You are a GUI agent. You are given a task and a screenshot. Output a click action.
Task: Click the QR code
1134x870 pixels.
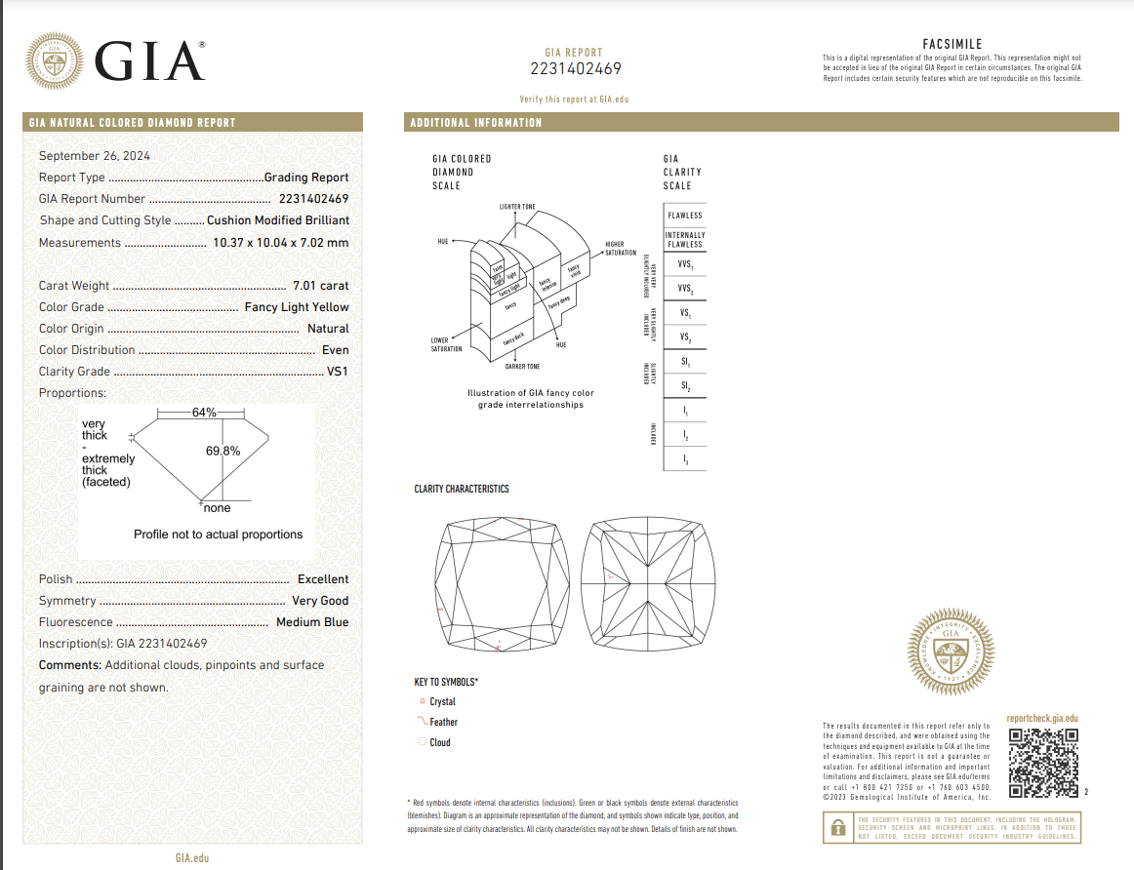click(1043, 762)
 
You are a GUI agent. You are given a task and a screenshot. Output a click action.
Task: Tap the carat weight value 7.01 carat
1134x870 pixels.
click(320, 286)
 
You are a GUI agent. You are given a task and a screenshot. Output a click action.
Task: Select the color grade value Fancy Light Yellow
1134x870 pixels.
click(296, 307)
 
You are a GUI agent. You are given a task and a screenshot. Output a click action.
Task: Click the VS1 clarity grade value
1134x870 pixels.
click(338, 372)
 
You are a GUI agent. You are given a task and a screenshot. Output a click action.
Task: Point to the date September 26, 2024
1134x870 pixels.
click(95, 156)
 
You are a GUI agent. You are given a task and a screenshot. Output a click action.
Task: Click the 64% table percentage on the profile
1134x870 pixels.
click(204, 413)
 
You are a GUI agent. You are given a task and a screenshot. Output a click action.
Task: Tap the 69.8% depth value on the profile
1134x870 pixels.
click(223, 452)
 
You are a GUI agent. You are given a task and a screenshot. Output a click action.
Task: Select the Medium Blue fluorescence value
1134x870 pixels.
click(312, 622)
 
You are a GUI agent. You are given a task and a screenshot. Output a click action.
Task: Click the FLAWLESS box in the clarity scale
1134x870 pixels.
click(684, 216)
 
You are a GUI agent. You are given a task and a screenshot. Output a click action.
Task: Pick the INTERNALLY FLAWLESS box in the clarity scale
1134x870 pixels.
click(684, 240)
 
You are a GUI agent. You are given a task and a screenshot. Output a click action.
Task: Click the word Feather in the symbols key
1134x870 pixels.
click(443, 723)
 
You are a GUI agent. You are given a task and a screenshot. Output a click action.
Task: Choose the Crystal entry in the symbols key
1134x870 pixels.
click(442, 702)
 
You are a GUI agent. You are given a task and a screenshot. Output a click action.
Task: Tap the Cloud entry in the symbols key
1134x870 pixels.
click(440, 743)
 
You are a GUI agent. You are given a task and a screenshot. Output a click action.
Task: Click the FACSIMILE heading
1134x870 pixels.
click(952, 44)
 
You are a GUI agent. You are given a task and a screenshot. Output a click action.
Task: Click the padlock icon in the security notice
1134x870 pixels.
click(836, 828)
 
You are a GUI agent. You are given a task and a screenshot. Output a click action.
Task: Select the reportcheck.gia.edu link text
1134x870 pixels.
click(1042, 719)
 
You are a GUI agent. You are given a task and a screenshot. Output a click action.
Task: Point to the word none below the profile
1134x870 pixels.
click(218, 508)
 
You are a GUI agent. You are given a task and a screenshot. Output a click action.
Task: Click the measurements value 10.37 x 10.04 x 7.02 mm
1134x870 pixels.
click(280, 243)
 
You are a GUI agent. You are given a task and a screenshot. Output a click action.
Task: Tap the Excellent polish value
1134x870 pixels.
click(323, 579)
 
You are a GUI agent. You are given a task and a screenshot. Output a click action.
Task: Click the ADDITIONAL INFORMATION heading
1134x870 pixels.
click(476, 123)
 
